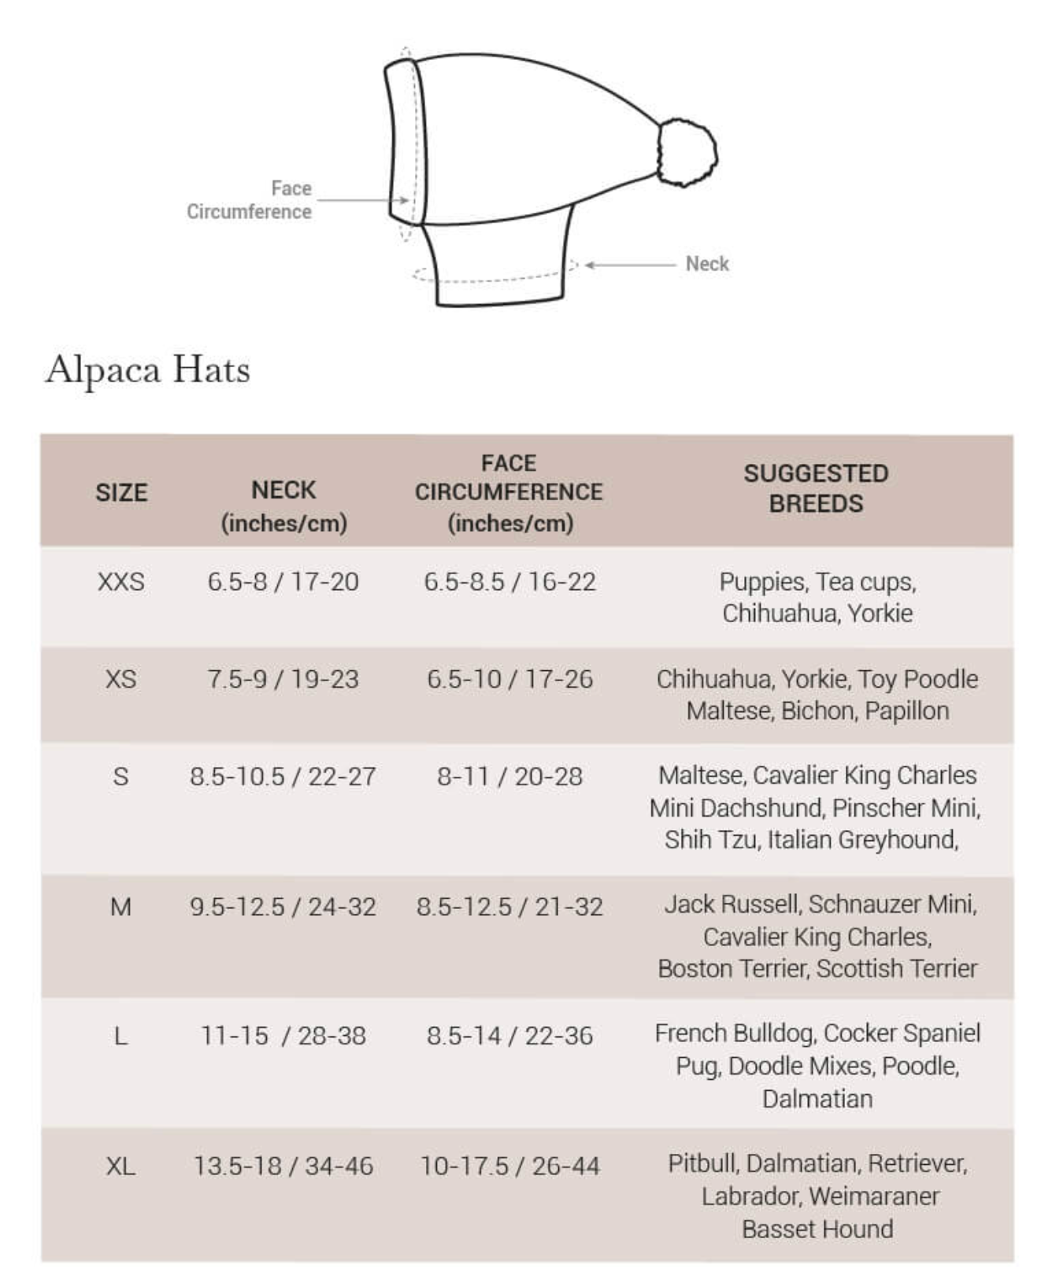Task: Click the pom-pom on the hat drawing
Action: point(687,152)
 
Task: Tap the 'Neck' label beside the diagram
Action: point(706,264)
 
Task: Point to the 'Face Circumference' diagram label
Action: point(249,200)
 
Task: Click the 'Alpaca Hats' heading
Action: point(148,369)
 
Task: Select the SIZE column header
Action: point(121,493)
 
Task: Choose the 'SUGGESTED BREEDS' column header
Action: point(816,488)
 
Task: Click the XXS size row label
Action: point(120,582)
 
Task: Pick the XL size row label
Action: point(120,1166)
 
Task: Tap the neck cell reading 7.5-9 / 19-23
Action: point(283,679)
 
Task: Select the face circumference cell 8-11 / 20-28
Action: point(509,777)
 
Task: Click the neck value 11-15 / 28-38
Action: point(283,1036)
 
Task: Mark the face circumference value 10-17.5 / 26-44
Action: point(509,1166)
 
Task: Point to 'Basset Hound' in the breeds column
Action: point(817,1229)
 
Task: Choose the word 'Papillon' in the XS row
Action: point(906,710)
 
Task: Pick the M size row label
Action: point(120,907)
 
